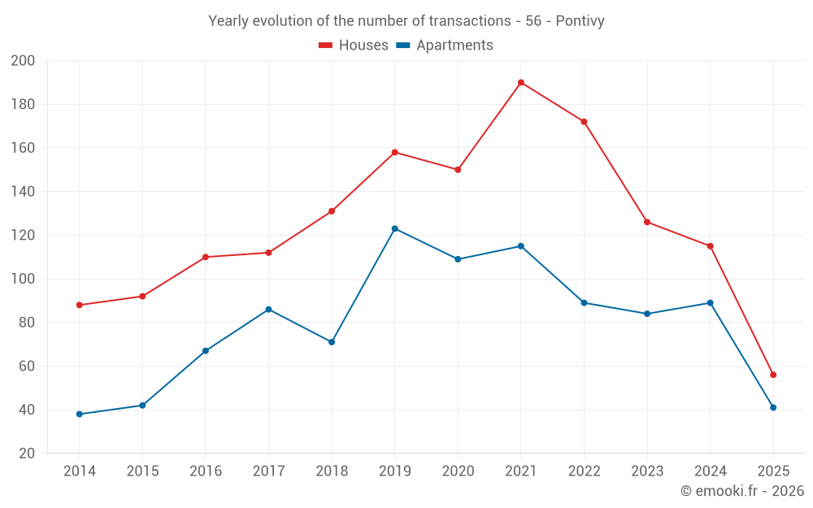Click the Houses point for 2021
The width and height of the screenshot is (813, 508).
(521, 82)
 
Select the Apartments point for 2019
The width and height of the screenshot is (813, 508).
(395, 228)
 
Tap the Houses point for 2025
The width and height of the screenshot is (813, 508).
(773, 375)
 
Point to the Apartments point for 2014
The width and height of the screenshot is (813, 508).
(80, 414)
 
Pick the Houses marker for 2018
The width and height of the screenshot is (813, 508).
(332, 211)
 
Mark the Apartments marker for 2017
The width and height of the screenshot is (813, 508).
(268, 310)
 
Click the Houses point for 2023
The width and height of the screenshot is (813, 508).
(647, 222)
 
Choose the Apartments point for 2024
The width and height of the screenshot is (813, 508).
(710, 303)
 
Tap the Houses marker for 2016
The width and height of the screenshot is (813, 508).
(206, 257)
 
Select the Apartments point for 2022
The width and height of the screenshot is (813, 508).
(584, 303)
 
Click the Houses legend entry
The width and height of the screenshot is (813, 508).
(354, 46)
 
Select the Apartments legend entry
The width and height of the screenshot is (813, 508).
(445, 46)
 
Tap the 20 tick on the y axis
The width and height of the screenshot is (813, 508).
(26, 454)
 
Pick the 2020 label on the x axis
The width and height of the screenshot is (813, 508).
(458, 471)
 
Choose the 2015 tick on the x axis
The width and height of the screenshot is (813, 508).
(142, 471)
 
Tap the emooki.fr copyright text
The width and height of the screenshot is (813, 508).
(742, 491)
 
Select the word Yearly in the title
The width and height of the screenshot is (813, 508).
(228, 21)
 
